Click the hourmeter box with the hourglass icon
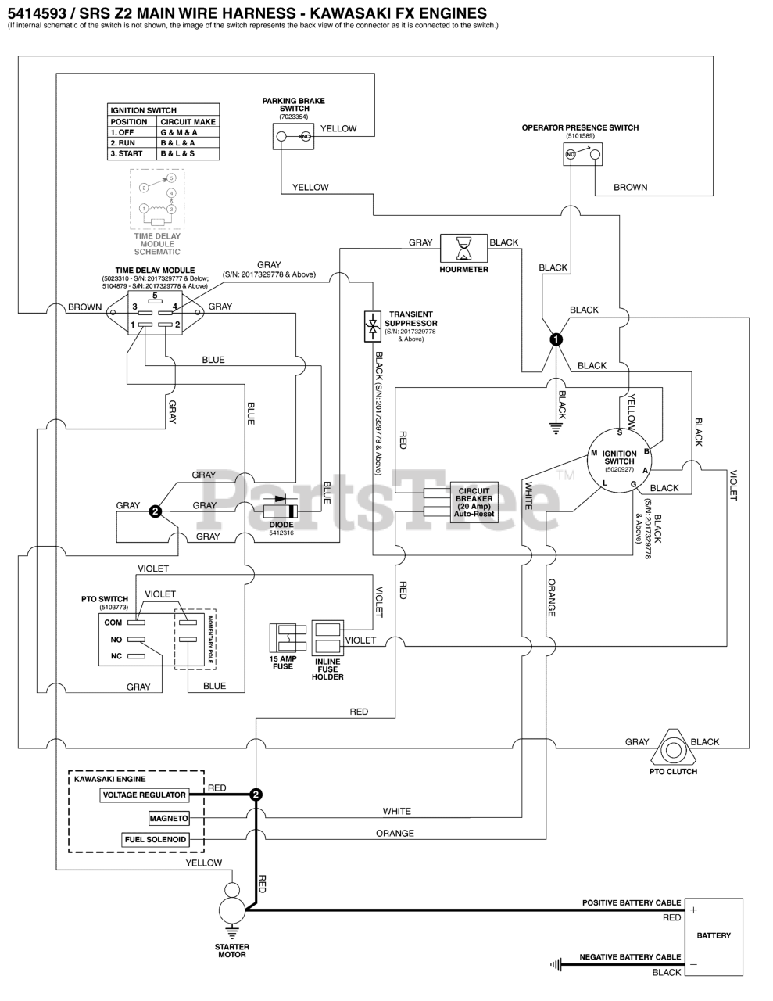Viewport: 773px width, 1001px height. (463, 249)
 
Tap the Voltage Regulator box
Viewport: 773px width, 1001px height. (144, 795)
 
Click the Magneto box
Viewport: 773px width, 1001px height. (169, 818)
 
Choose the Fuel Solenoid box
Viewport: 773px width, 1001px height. (156, 839)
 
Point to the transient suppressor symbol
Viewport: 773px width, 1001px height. (373, 326)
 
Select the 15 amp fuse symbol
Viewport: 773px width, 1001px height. (288, 638)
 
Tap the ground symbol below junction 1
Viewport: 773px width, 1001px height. (556, 429)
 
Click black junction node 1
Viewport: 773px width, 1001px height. (556, 339)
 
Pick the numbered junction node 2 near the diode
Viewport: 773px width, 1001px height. (156, 511)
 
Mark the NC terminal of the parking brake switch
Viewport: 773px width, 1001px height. (306, 136)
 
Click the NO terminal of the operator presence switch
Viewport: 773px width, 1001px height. (571, 155)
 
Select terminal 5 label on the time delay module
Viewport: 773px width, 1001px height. (155, 296)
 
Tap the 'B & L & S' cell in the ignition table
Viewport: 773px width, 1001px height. (177, 154)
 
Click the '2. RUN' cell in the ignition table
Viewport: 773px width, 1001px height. (123, 143)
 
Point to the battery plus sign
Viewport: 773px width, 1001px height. (693, 910)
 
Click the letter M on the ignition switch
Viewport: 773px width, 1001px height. (594, 453)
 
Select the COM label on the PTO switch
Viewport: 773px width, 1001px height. (113, 622)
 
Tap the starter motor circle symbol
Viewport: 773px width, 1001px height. (232, 910)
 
